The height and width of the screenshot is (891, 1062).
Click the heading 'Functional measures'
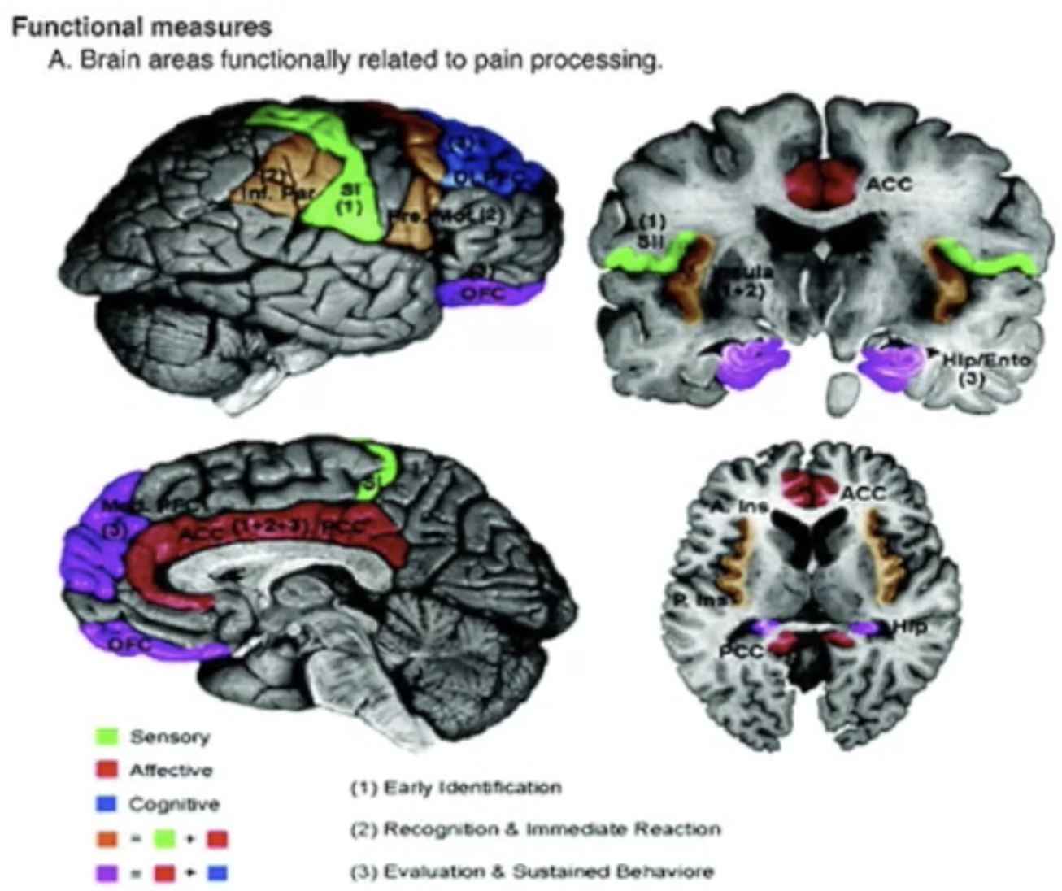point(141,27)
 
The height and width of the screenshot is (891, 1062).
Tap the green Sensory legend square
point(107,737)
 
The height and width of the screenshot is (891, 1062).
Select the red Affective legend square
point(107,770)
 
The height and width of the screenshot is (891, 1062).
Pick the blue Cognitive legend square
point(107,804)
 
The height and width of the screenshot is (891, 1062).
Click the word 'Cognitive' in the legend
point(174,804)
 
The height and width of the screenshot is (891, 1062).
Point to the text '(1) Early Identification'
point(455,787)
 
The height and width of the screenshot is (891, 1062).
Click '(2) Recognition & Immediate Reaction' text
point(536,829)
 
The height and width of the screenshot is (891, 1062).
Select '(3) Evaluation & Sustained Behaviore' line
point(532,871)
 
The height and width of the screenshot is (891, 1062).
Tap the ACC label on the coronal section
point(889,185)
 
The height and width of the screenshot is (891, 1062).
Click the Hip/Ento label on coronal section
point(986,359)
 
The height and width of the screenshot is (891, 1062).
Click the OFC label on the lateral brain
point(484,293)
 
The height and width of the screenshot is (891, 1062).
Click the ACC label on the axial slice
point(862,493)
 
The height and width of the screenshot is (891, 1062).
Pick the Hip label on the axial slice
point(909,626)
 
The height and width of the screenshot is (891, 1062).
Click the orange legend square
point(107,838)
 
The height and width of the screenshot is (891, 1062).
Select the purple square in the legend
point(107,872)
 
